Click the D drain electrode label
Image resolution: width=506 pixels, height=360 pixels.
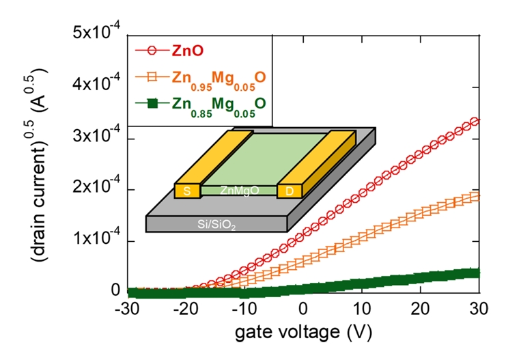pos(289,191)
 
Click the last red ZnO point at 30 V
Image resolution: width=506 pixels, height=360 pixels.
pos(477,121)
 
